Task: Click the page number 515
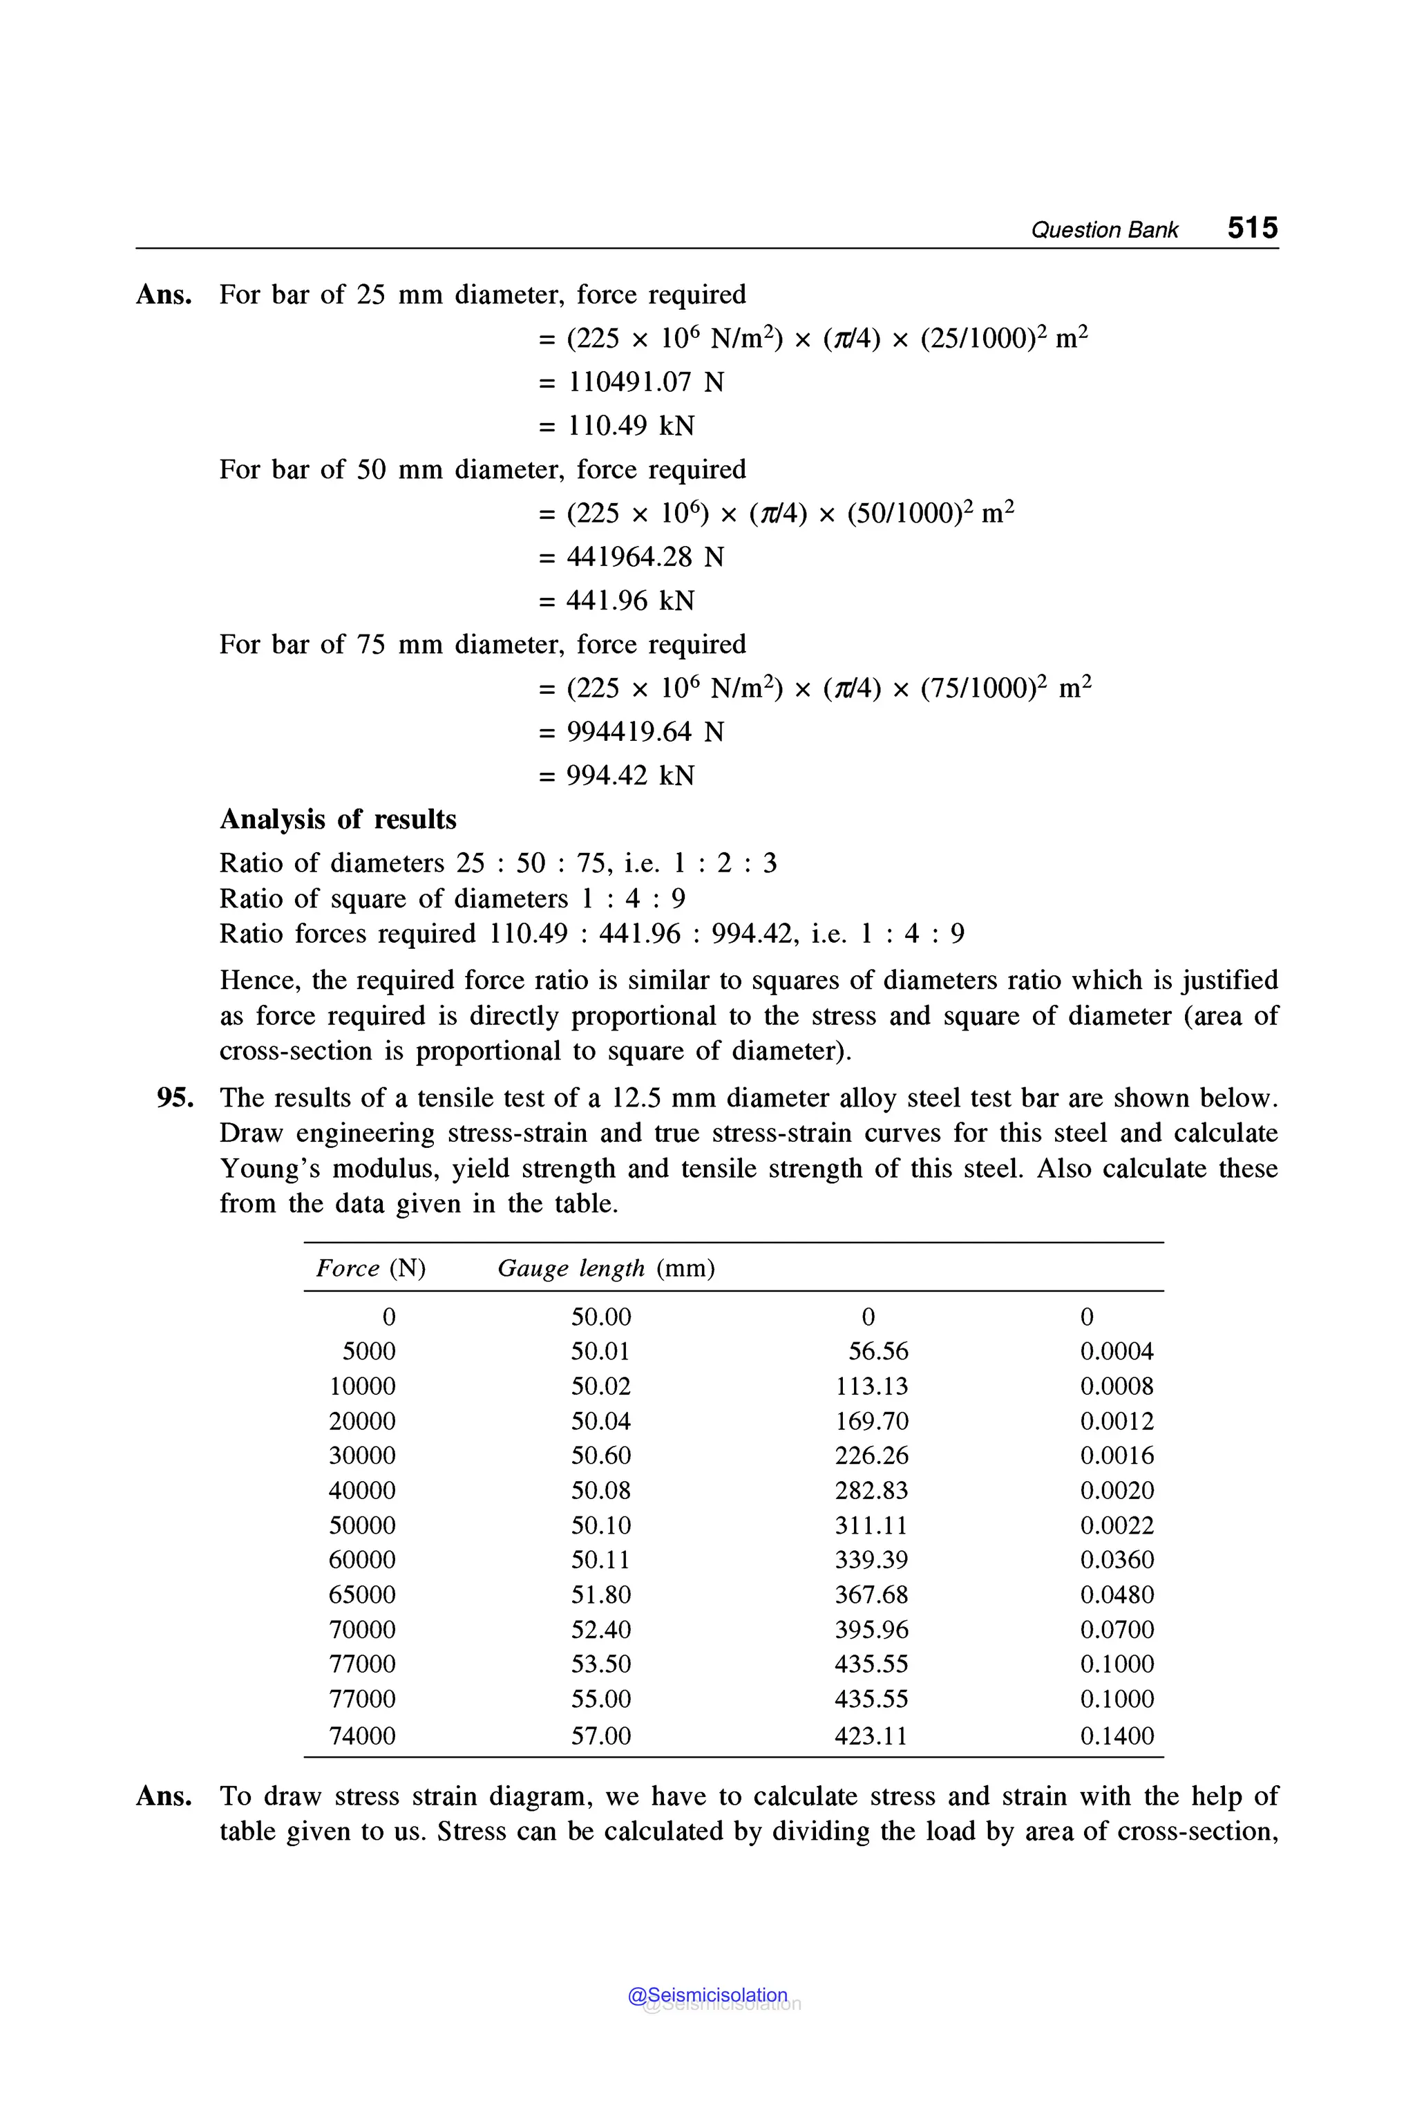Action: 1252,227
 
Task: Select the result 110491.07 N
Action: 645,382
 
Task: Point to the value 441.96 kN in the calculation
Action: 630,601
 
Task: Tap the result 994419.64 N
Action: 645,731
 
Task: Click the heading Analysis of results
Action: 339,819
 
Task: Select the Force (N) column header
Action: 371,1268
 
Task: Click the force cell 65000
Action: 362,1594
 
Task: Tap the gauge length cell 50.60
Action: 601,1456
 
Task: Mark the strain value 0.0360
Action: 1117,1559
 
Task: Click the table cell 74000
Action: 362,1735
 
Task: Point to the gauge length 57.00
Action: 601,1735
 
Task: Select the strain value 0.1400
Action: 1117,1735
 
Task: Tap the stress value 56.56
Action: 878,1351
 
